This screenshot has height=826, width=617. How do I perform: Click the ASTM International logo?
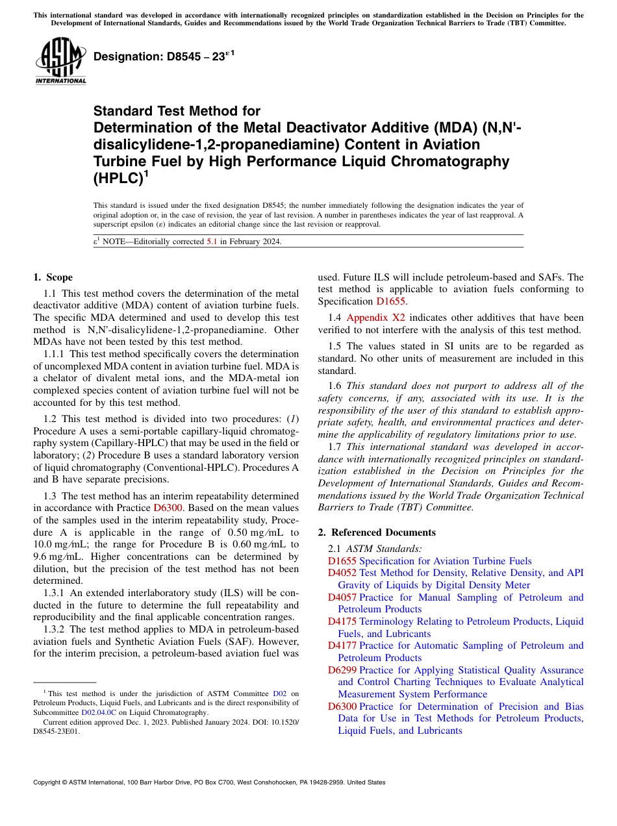point(60,62)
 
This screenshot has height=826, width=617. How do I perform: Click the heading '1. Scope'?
point(53,277)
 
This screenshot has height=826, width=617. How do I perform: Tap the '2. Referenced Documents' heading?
point(377,532)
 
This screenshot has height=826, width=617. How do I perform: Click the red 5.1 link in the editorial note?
point(212,242)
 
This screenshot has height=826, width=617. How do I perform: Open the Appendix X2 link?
point(376,318)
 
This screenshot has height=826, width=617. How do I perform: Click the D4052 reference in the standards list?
point(342,573)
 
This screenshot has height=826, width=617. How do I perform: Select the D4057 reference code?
point(342,597)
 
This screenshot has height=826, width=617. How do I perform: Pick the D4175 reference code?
point(342,621)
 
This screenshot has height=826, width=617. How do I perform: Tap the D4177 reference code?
point(342,645)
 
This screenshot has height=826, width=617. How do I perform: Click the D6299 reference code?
point(342,670)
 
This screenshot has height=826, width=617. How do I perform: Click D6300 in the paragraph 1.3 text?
point(168,507)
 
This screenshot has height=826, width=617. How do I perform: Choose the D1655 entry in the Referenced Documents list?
point(342,561)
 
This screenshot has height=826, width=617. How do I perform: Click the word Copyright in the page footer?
point(49,782)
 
